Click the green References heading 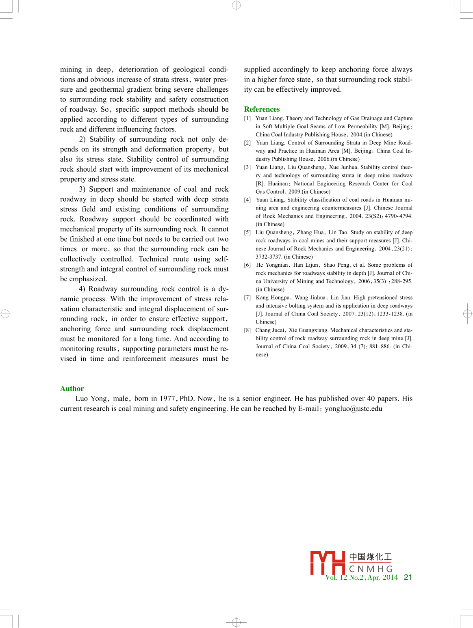click(262, 109)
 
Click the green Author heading click(72, 388)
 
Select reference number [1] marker click(247, 119)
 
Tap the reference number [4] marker click(247, 200)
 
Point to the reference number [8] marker click(247, 330)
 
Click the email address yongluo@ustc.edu click(354, 409)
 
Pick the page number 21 click(408, 577)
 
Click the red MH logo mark click(328, 562)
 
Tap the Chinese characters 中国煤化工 click(370, 557)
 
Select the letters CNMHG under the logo click(371, 569)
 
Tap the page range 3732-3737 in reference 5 click(269, 257)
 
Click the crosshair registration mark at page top click(236, 5)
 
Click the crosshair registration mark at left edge click(5, 314)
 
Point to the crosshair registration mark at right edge click(467, 314)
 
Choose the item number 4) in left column click(82, 289)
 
